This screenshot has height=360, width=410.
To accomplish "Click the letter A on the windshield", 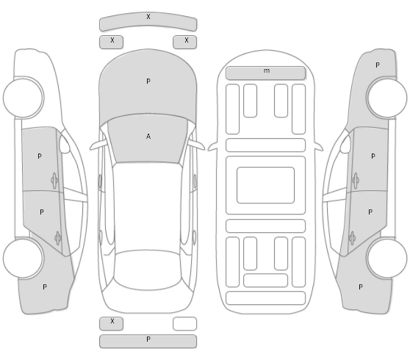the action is tap(148, 137).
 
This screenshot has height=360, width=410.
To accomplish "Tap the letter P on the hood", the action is tap(148, 82).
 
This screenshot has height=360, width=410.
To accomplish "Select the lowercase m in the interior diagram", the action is tap(267, 71).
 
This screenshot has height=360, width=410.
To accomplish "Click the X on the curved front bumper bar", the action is tap(148, 17).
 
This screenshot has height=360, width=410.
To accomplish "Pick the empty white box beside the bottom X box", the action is tap(184, 324).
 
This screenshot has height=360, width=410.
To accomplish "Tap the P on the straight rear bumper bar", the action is tap(148, 339).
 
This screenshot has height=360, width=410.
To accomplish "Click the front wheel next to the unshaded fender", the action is tap(24, 98).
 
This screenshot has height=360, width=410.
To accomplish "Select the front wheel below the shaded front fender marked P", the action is tap(387, 98).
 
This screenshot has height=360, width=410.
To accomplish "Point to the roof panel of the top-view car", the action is tap(148, 206).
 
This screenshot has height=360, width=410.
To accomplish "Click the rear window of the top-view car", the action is tap(147, 270).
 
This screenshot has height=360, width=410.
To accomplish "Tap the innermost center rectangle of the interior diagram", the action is tap(266, 185).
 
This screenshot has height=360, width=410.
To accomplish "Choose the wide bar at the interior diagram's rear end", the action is tap(266, 298).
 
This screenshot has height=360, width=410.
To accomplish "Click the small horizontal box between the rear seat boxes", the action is tap(266, 280).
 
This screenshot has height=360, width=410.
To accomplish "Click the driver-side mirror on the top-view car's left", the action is tap(98, 145).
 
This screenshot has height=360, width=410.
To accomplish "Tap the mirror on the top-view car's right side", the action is tap(197, 145).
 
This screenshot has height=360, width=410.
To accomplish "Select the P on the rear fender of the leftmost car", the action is tap(45, 287).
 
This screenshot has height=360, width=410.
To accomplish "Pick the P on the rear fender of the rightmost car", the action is tap(361, 287).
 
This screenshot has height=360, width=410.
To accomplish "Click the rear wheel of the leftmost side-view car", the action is tap(24, 258).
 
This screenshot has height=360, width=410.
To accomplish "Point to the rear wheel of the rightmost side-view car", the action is tap(387, 258).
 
